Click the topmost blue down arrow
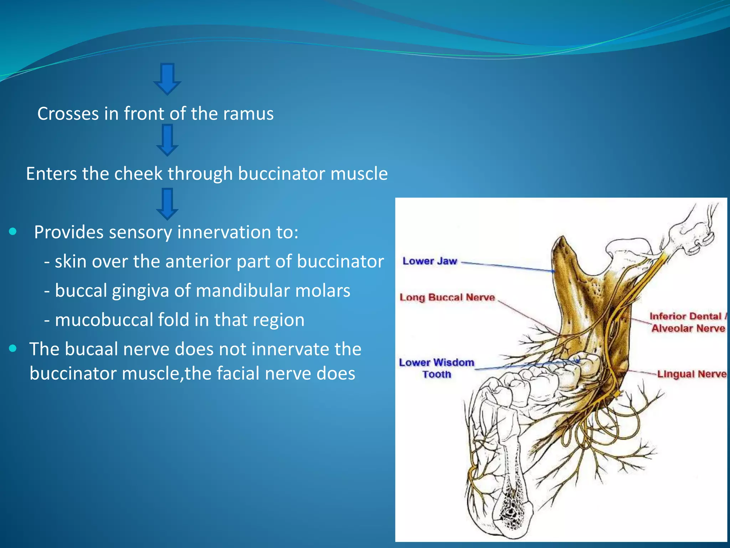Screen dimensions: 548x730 (167, 79)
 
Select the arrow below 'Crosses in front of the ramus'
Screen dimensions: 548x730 (167, 140)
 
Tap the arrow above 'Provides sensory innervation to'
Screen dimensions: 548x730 (167, 204)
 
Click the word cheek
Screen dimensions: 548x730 (138, 174)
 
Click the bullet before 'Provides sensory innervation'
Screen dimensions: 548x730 (13, 232)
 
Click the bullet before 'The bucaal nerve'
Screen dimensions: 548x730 (13, 349)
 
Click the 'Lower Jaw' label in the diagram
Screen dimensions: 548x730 (430, 261)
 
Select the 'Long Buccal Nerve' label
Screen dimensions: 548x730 (447, 298)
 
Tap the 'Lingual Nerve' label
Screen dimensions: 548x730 (692, 374)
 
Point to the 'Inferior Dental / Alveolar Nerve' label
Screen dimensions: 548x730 (688, 322)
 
